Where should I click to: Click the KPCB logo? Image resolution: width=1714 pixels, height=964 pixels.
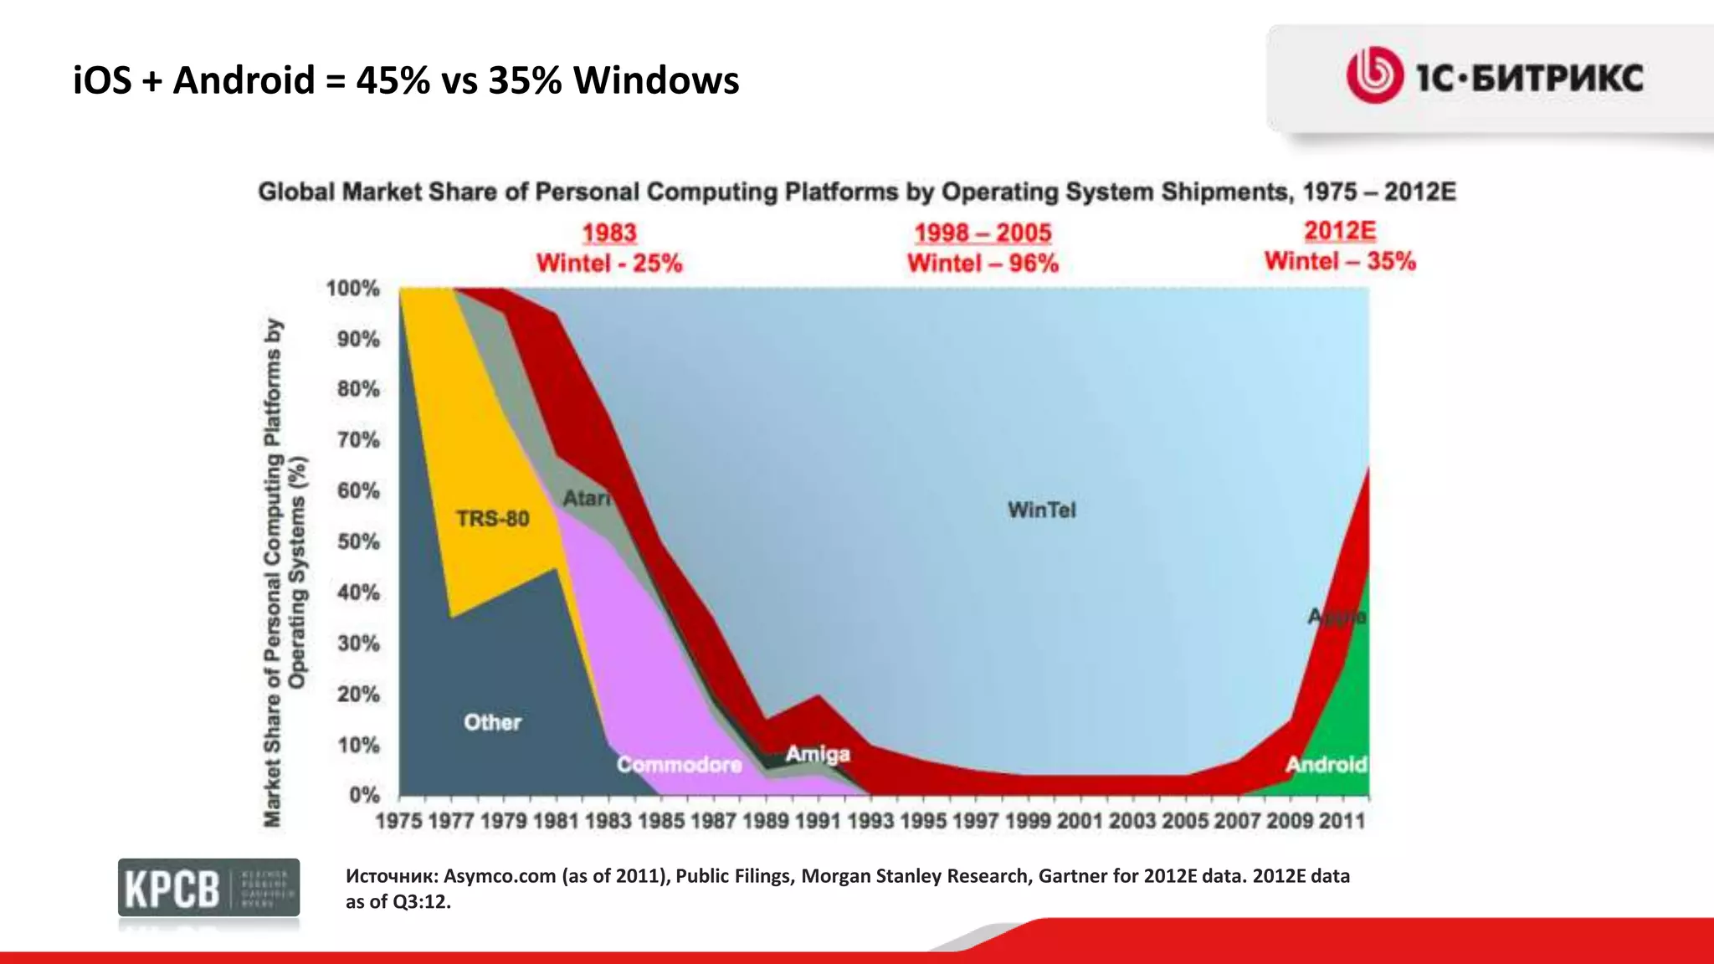pos(208,888)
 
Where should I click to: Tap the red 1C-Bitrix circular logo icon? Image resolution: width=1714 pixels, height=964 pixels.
pos(1373,75)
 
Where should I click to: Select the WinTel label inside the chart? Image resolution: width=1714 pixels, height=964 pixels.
pos(1041,510)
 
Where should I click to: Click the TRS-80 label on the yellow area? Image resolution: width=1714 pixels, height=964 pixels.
pos(492,519)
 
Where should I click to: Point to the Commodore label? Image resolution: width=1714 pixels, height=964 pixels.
pos(679,764)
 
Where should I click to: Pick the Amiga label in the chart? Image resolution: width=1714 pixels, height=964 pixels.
pos(817,754)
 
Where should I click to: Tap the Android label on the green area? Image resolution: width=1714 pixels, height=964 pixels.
pos(1326,764)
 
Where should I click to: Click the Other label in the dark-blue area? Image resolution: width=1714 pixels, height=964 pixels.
pos(492,722)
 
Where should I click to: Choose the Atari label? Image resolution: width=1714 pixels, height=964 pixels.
pos(586,499)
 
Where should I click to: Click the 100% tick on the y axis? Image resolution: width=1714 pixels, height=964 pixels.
pos(352,289)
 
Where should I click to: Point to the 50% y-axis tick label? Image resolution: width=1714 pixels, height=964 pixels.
pos(358,542)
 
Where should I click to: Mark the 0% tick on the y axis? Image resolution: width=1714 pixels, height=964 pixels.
pos(364,794)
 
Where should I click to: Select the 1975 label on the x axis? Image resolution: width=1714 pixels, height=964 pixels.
pos(398,821)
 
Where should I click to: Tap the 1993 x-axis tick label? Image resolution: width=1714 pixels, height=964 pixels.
pos(870,821)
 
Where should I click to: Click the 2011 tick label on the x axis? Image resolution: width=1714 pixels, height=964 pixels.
pos(1342,821)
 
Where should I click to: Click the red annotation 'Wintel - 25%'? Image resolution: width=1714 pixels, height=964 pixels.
pos(609,264)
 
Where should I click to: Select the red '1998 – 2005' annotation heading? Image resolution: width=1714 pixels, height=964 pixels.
pos(983,233)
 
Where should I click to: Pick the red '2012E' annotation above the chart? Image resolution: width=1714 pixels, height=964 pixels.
pos(1340,231)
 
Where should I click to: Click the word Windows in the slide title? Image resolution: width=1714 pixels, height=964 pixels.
pos(655,81)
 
